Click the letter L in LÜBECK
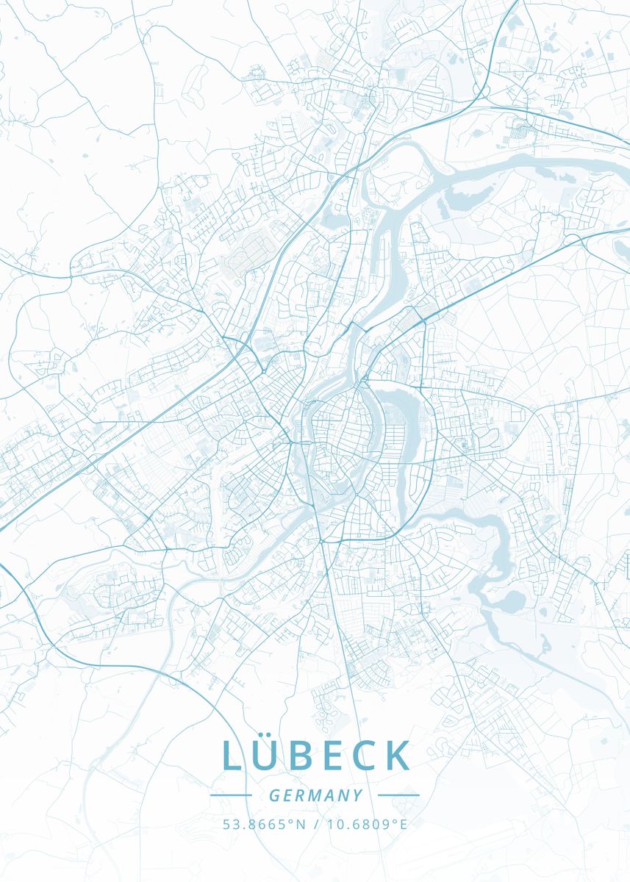point(232,756)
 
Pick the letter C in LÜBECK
point(373,756)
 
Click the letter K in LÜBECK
point(400,756)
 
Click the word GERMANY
point(315,795)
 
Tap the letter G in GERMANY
point(274,795)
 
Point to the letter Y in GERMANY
point(357,795)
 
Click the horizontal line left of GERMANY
point(231,795)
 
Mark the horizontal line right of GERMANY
point(398,795)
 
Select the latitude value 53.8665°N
point(264,824)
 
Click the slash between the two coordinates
point(315,824)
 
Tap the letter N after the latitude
point(301,824)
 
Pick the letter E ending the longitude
point(403,824)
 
